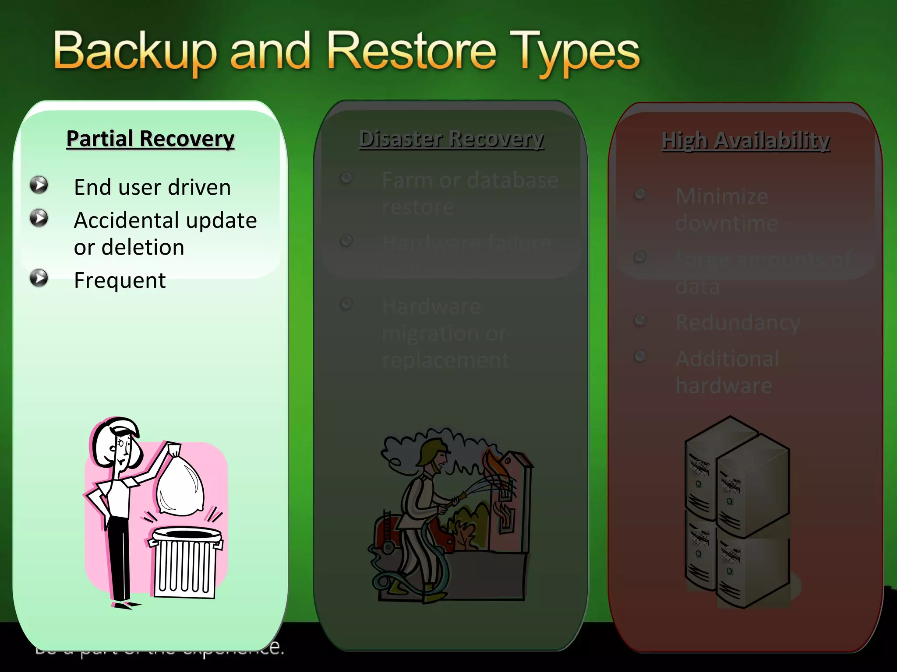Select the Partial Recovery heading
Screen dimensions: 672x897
[150, 139]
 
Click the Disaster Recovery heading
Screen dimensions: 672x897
[451, 139]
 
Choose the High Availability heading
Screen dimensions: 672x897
[745, 141]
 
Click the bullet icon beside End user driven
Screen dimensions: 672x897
[39, 185]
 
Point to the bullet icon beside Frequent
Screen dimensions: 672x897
[39, 278]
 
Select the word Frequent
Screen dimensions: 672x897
[120, 280]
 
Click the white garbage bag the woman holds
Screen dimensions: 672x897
[180, 483]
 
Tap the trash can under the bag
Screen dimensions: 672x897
[185, 562]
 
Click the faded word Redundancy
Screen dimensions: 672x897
[738, 322]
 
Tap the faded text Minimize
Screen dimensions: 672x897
[722, 196]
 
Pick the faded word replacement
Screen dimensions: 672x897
[445, 360]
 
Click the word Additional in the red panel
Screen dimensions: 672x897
[727, 359]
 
